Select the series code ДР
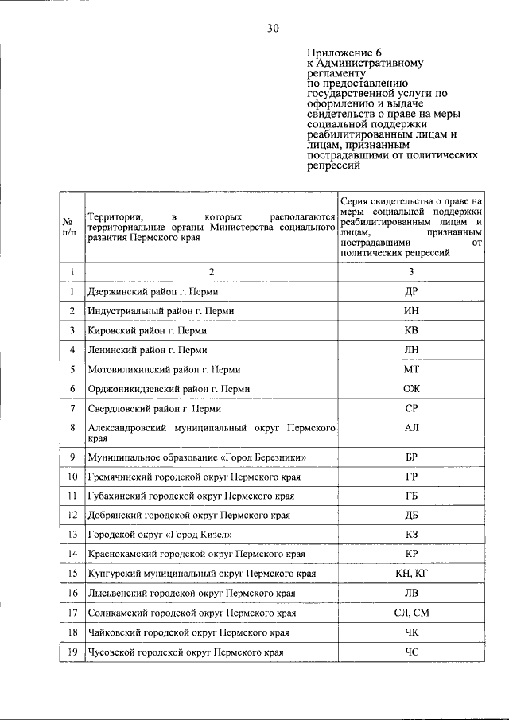pyautogui.click(x=411, y=291)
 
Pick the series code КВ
pyautogui.click(x=411, y=330)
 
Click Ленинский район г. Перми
pyautogui.click(x=148, y=349)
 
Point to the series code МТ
pyautogui.click(x=411, y=369)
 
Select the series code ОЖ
pyautogui.click(x=411, y=389)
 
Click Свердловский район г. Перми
pyautogui.click(x=154, y=409)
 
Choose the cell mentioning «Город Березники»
pyautogui.click(x=186, y=457)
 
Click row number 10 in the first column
pyautogui.click(x=72, y=477)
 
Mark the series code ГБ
pyautogui.click(x=411, y=496)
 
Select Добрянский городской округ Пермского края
pyautogui.click(x=188, y=515)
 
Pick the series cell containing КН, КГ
pyautogui.click(x=411, y=574)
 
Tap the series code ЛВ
pyautogui.click(x=411, y=594)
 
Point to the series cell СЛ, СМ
pyautogui.click(x=411, y=613)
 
